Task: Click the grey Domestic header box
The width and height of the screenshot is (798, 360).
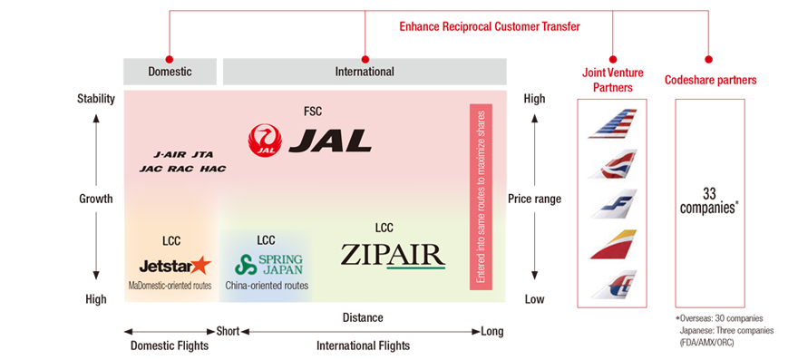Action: (170, 71)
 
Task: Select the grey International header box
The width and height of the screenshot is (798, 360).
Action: (365, 71)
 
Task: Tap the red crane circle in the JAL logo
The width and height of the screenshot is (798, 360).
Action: (266, 140)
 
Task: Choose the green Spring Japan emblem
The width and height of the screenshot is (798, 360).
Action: (245, 266)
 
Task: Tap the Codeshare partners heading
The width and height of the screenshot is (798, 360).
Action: (710, 80)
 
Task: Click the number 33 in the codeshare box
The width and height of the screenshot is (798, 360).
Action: (710, 193)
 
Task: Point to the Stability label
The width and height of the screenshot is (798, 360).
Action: (95, 98)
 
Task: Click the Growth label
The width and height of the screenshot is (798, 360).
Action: (95, 199)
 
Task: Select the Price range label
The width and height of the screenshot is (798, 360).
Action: (535, 199)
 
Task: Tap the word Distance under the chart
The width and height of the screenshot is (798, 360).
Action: (362, 317)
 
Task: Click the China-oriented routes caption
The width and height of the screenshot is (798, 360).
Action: (266, 286)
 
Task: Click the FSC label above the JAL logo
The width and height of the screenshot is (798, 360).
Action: (313, 112)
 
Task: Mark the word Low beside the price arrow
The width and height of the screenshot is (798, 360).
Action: (534, 299)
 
